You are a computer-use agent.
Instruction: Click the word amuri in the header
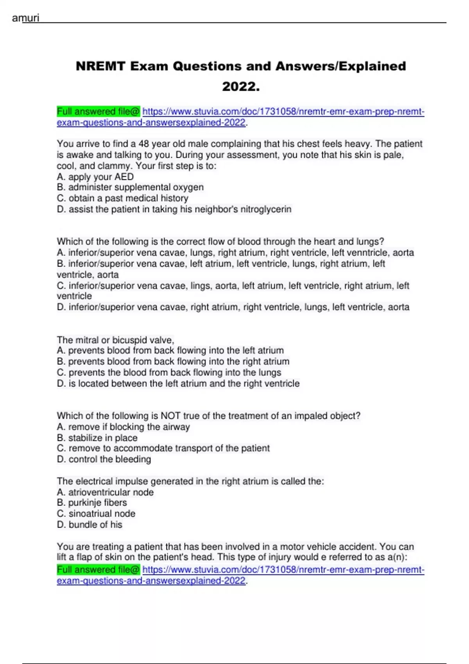[25, 18]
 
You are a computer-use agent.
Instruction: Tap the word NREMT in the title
[100, 66]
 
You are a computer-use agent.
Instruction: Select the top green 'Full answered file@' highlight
[98, 112]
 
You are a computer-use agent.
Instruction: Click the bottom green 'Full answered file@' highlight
[98, 570]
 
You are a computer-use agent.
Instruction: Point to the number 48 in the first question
[144, 144]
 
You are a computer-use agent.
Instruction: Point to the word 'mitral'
[88, 340]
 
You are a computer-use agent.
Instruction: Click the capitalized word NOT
[170, 416]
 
